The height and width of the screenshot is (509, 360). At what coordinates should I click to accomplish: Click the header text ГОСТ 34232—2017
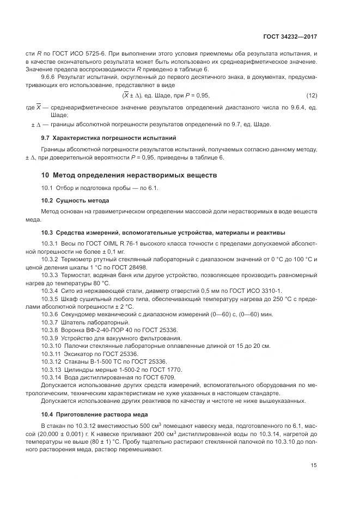(290, 36)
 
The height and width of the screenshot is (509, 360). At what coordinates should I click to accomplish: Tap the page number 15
(314, 465)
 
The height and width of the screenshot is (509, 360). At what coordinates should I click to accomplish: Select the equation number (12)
(312, 95)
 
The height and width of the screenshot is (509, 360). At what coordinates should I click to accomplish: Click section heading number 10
(46, 175)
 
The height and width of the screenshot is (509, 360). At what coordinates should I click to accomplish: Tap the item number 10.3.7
(50, 323)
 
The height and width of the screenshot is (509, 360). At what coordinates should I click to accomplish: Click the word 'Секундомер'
(81, 315)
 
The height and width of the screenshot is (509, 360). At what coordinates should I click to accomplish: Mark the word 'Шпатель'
(76, 323)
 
